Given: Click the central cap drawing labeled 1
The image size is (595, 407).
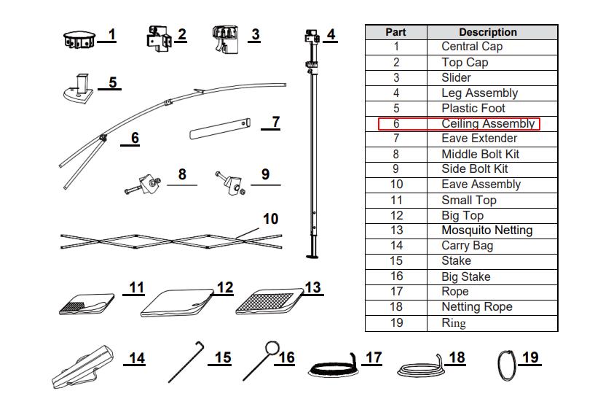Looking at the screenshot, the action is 79,40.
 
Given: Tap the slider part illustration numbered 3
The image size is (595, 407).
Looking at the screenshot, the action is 226,39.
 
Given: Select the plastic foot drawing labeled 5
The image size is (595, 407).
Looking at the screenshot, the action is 79,89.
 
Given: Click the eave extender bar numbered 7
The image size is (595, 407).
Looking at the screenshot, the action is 220,128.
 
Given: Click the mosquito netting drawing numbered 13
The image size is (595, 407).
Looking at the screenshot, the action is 269,302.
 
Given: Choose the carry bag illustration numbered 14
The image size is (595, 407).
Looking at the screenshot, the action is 83,367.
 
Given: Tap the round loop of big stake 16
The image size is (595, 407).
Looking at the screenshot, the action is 272,349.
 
